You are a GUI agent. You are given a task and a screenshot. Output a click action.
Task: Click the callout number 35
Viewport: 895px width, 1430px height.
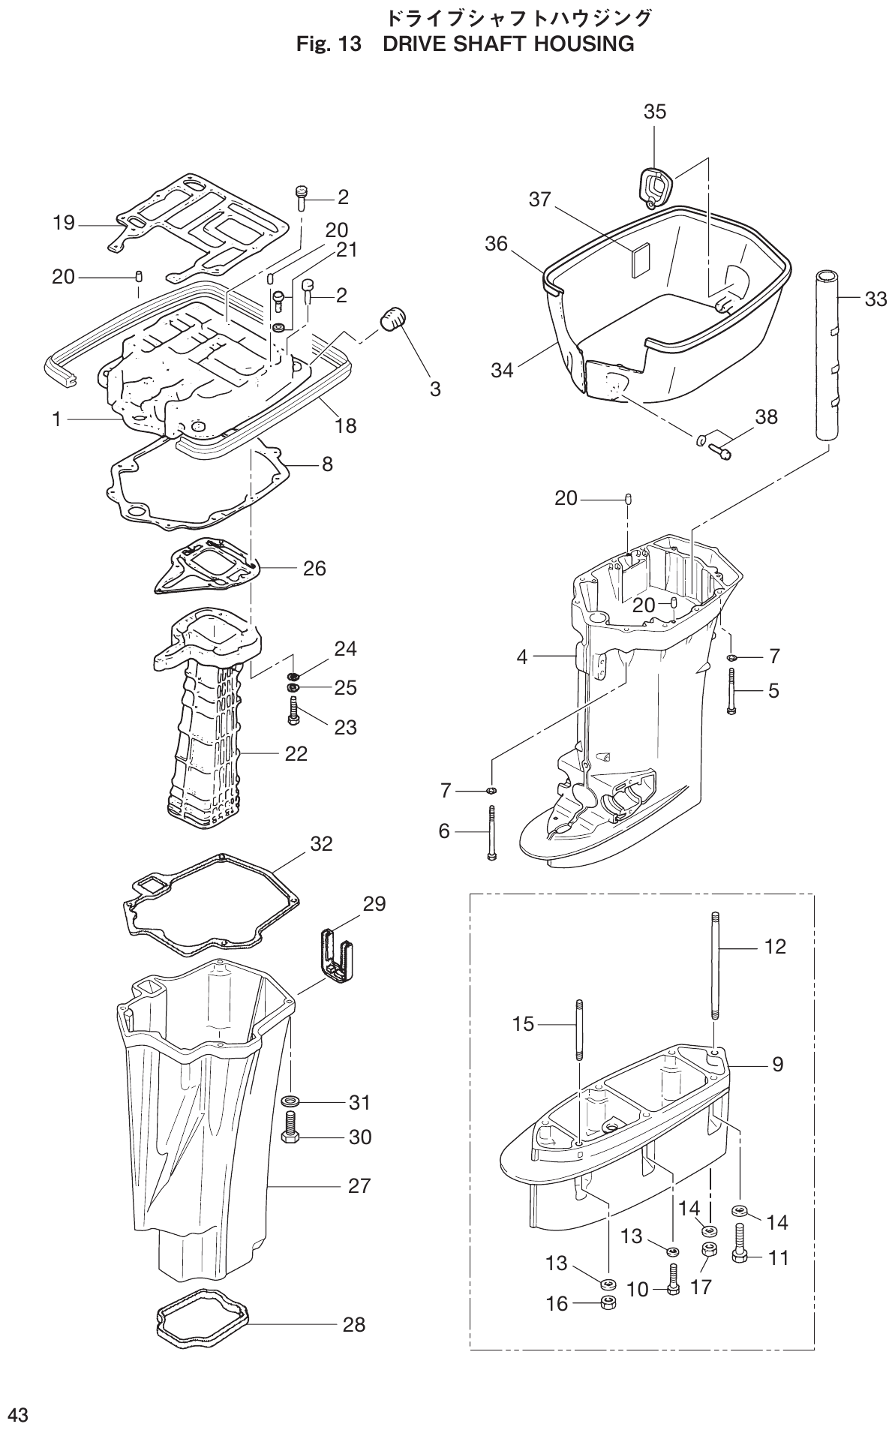654,112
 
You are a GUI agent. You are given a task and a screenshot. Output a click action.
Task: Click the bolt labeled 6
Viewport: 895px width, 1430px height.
491,832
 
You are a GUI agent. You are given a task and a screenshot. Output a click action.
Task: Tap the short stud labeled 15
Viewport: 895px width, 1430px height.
578,1029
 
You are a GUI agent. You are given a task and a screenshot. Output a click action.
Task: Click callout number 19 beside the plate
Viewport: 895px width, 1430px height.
64,223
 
